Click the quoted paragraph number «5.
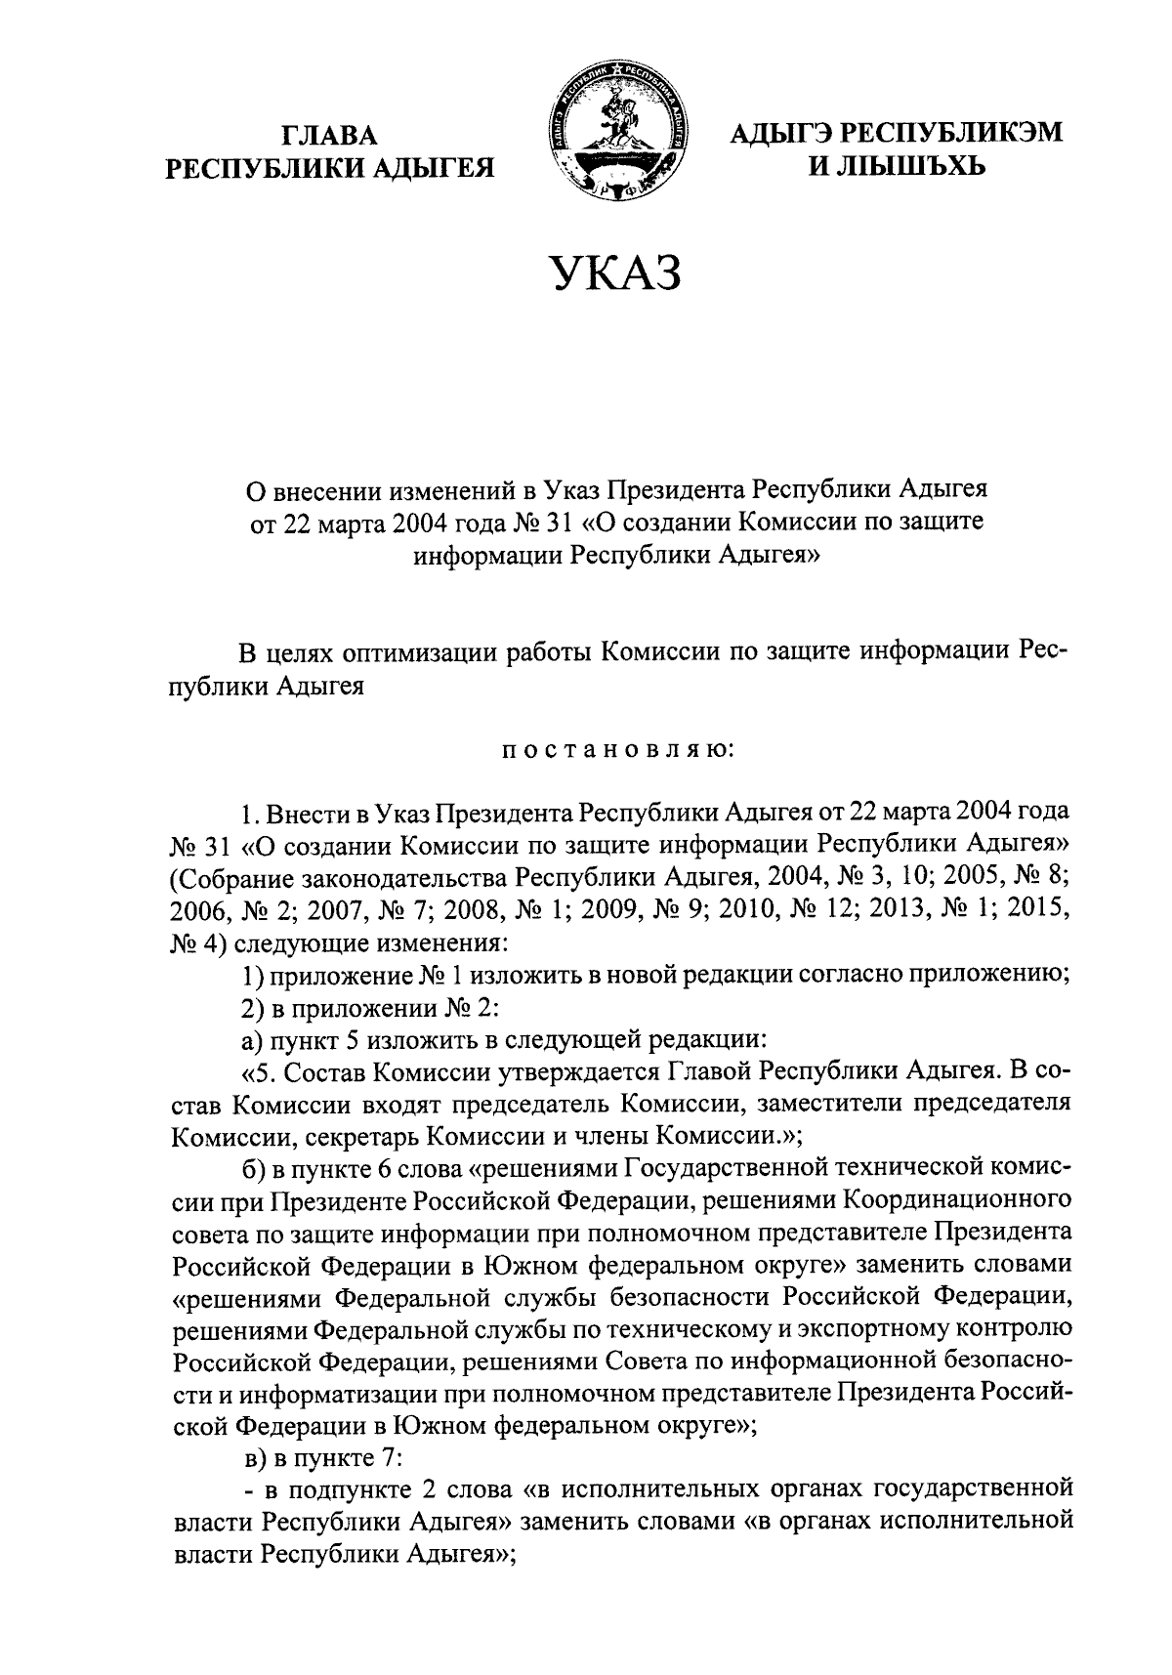point(259,1070)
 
